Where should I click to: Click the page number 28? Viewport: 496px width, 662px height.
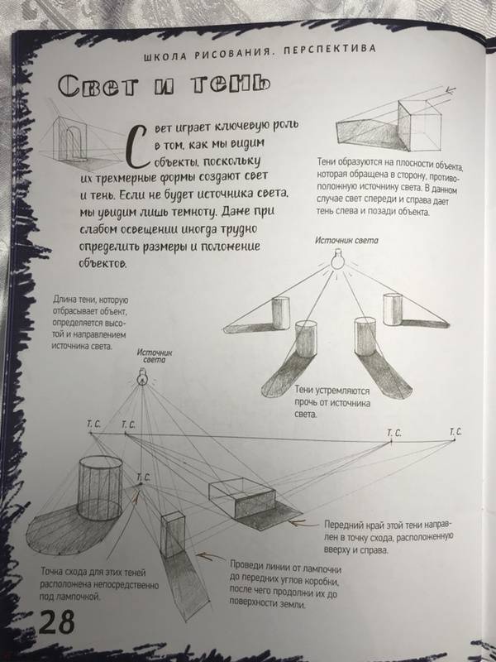[x=56, y=621]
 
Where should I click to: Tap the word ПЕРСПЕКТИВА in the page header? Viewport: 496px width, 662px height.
[x=329, y=50]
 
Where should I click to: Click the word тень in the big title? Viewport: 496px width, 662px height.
[x=230, y=85]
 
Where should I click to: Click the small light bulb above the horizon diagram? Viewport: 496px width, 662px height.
[x=142, y=377]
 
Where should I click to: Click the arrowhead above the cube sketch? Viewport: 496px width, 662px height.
[x=451, y=89]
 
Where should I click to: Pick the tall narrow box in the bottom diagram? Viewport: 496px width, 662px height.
[x=173, y=535]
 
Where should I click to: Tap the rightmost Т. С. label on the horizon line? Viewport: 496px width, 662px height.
[x=455, y=432]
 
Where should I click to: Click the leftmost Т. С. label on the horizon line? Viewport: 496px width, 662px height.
[x=93, y=424]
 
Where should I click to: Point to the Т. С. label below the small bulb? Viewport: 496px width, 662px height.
[x=143, y=477]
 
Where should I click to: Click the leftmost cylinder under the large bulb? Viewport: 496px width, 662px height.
[x=280, y=313]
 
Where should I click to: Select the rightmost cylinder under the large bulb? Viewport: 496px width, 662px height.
[x=393, y=309]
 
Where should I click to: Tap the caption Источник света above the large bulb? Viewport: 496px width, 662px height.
[x=346, y=241]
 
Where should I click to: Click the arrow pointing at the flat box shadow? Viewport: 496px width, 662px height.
[x=304, y=523]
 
